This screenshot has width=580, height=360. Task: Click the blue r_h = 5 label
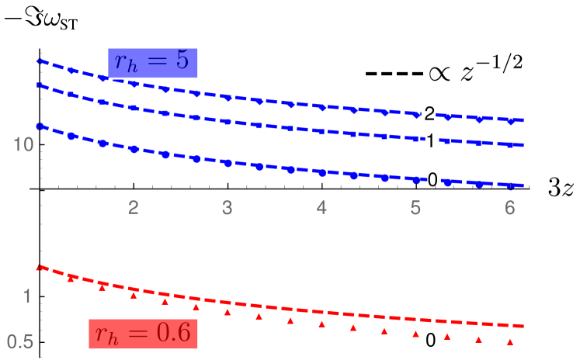point(153,63)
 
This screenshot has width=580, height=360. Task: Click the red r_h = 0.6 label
point(144,334)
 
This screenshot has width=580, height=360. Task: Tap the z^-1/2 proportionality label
point(476,72)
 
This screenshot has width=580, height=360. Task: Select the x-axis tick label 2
point(134,208)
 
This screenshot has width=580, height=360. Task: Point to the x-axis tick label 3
point(227,208)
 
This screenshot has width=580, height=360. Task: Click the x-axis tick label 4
point(321,208)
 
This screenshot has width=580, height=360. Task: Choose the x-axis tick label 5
point(415,208)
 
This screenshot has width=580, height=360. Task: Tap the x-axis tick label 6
point(509,208)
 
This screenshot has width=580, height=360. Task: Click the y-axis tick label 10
point(23,145)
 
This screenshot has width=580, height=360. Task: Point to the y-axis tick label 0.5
point(21,341)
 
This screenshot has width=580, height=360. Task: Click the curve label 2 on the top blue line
point(429,114)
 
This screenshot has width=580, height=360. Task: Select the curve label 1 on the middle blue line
point(430,140)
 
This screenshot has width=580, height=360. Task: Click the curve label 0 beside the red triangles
point(431,338)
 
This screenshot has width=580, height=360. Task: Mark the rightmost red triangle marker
point(510,341)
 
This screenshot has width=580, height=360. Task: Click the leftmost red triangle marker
point(71,278)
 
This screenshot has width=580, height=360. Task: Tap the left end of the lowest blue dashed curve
point(39,126)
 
